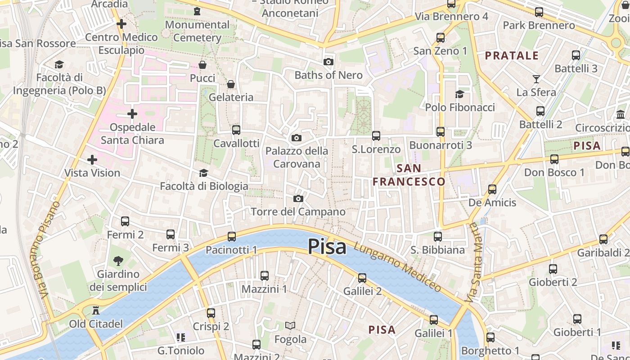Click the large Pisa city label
coord(327,247)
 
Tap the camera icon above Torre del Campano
coord(298,198)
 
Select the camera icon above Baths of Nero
coord(328,62)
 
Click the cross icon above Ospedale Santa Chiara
coord(132,114)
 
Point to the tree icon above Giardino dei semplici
coord(118,260)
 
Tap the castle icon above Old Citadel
coord(95,310)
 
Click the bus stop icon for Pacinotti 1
coord(232,236)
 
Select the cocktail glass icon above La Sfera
coord(536,79)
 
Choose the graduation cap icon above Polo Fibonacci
coord(459,94)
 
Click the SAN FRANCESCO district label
coord(409,175)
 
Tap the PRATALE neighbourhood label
coord(512,56)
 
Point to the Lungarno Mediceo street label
coord(397,267)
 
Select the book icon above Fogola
coord(290,325)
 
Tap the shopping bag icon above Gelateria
coord(231,84)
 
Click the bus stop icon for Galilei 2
coord(362,278)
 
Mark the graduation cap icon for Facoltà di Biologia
coord(203,173)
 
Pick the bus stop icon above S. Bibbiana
coord(437,236)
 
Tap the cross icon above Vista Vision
coord(92,159)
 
